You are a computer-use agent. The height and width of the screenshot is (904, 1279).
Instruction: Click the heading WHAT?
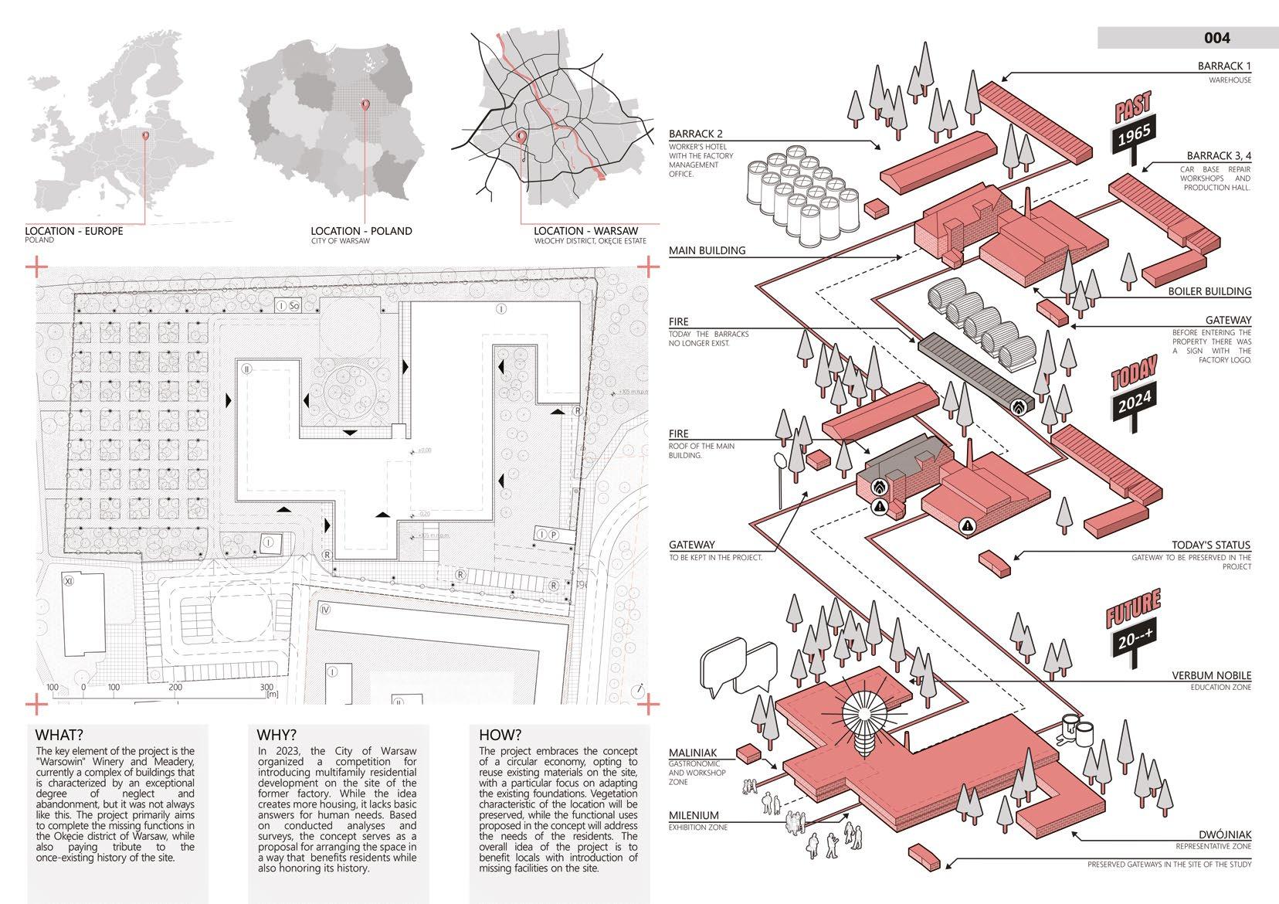pos(59,735)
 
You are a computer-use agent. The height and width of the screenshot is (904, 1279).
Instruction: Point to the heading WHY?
pos(276,735)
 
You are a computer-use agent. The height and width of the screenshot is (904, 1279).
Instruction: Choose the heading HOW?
pos(500,735)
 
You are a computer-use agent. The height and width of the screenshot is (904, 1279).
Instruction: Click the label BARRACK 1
pos(1224,67)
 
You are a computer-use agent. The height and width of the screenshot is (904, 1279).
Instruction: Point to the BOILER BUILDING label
pos(1209,291)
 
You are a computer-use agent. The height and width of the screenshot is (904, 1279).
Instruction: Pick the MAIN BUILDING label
pos(707,250)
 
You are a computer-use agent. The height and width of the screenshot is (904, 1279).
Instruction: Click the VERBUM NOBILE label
pos(1212,676)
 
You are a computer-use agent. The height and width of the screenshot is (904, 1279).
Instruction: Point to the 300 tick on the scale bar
pos(267,687)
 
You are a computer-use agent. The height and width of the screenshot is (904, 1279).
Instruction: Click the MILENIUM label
pos(694,815)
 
